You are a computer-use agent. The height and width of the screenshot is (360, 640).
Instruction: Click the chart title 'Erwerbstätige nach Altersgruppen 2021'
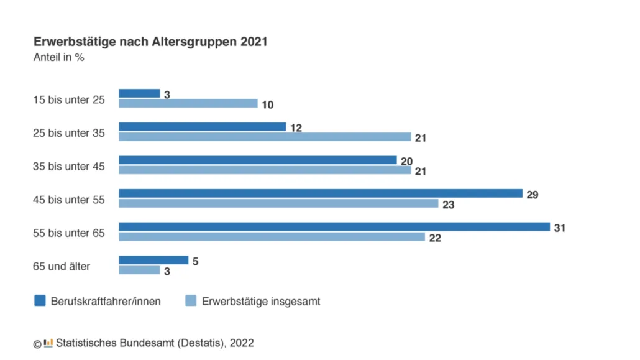pyautogui.click(x=150, y=42)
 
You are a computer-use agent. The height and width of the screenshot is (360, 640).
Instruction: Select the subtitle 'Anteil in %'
pyautogui.click(x=58, y=58)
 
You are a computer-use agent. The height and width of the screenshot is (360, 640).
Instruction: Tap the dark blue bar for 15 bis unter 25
pyautogui.click(x=139, y=93)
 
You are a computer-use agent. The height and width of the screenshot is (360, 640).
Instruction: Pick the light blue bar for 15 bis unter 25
pyautogui.click(x=188, y=103)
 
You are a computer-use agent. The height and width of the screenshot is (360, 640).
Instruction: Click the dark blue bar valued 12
pyautogui.click(x=202, y=127)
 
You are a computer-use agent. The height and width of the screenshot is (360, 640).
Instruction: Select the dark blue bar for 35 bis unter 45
pyautogui.click(x=257, y=160)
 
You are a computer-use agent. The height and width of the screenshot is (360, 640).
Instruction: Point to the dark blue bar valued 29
pyautogui.click(x=320, y=193)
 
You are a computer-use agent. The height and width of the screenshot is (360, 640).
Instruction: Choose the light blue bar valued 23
pyautogui.click(x=278, y=203)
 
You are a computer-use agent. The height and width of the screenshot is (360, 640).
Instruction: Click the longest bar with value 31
pyautogui.click(x=334, y=227)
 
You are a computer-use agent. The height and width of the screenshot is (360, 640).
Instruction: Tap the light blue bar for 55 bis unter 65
pyautogui.click(x=272, y=237)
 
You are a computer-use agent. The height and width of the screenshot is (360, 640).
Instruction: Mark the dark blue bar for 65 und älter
pyautogui.click(x=153, y=260)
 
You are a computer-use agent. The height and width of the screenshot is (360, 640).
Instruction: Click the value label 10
pyautogui.click(x=267, y=104)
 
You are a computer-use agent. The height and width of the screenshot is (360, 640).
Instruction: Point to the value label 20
pyautogui.click(x=406, y=161)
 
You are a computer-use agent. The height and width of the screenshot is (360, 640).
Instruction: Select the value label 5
pyautogui.click(x=195, y=262)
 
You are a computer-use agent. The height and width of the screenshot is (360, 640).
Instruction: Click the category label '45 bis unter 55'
pyautogui.click(x=69, y=200)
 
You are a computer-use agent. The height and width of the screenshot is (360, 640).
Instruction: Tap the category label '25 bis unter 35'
pyautogui.click(x=69, y=132)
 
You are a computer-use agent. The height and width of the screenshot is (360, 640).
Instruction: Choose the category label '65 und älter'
pyautogui.click(x=62, y=266)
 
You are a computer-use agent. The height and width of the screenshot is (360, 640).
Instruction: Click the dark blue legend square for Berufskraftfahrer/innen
pyautogui.click(x=40, y=301)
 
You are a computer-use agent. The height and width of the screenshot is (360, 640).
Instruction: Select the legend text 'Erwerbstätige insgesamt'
pyautogui.click(x=261, y=302)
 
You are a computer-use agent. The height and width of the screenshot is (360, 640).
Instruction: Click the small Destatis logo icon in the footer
pyautogui.click(x=48, y=343)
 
